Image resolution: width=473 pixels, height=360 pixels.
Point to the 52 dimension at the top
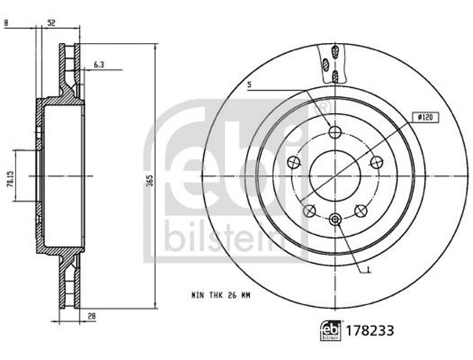(52, 23)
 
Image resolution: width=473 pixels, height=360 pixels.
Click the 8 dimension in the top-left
(7, 23)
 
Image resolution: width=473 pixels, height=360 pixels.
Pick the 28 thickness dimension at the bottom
(92, 316)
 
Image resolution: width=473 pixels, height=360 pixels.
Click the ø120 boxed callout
(426, 118)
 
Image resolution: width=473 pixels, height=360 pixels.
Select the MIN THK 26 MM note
(221, 296)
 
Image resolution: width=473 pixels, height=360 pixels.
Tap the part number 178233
(370, 330)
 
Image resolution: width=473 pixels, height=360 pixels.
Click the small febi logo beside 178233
(330, 330)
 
